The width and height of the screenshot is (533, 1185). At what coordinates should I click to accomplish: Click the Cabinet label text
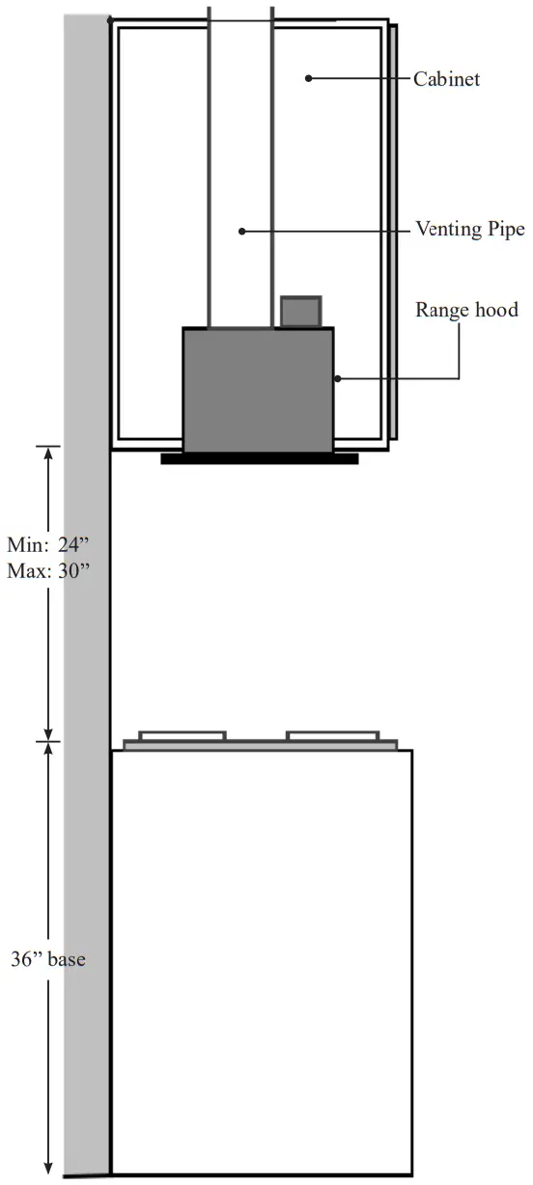pos(446,79)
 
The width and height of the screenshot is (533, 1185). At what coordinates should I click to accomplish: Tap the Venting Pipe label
pos(469,230)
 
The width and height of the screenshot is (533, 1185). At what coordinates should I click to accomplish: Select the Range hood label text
pos(466,310)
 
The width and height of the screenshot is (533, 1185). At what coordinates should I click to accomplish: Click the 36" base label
pos(48,960)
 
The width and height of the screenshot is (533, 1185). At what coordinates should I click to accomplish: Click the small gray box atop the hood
pos(300,312)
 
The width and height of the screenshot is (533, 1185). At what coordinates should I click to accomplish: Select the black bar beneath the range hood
pos(259,458)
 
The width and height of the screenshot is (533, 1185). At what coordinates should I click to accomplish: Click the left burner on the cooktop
pos(182,736)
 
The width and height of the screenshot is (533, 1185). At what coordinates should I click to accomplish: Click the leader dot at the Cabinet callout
pos(308,78)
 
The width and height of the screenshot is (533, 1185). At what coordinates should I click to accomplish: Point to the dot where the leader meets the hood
pos(336,378)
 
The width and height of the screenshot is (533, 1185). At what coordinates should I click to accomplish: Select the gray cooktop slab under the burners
pos(261,745)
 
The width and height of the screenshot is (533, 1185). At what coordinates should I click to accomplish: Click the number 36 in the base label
pos(23,960)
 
